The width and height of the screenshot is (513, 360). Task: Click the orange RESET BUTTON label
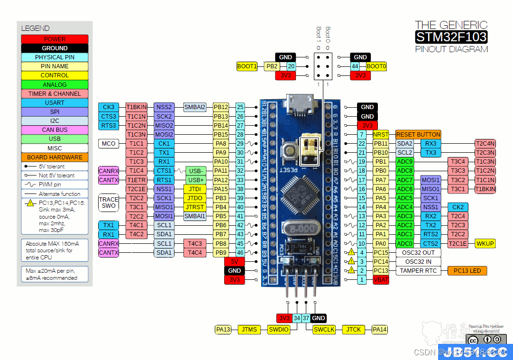[418, 135]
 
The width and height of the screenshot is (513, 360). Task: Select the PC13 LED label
[467, 271]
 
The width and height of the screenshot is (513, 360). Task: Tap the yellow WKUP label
[485, 243]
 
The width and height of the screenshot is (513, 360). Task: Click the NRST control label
[381, 135]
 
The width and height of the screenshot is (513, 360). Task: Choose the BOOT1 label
[247, 67]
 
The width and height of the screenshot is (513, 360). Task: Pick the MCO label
[109, 143]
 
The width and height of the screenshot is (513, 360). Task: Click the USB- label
[195, 171]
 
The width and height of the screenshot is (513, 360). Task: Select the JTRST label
[195, 207]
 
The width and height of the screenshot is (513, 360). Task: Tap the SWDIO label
[278, 329]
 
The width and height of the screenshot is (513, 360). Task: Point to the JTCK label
[354, 329]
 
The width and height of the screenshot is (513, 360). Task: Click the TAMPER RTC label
[418, 271]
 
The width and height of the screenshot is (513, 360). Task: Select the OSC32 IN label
[418, 261]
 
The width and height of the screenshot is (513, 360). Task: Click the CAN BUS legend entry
[55, 130]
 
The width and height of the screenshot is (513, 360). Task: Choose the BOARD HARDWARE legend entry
[55, 157]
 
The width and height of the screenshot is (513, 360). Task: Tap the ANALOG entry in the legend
[55, 84]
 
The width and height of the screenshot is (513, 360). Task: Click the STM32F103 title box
[451, 37]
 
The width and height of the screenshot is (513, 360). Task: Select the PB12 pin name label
[221, 107]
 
